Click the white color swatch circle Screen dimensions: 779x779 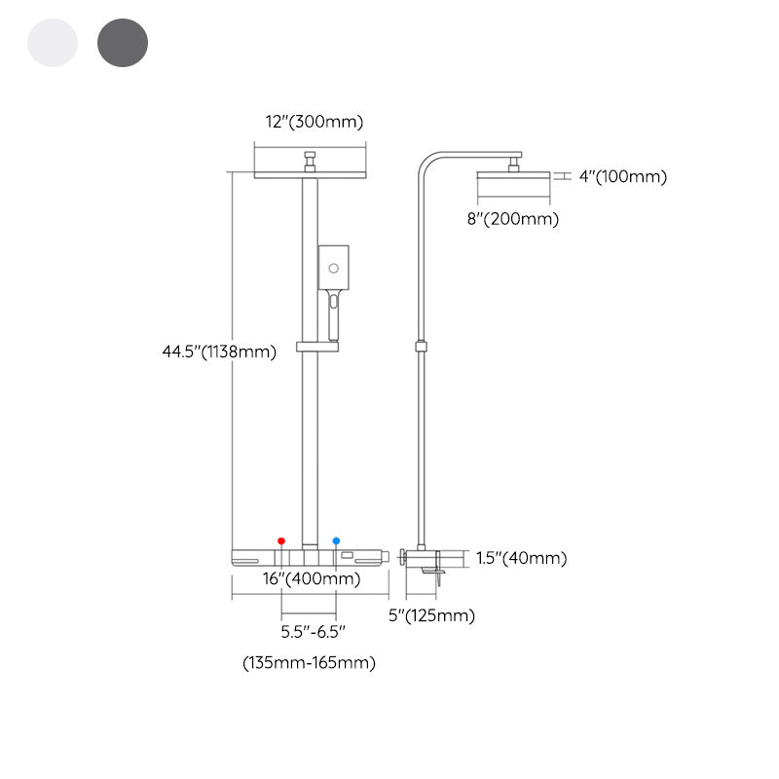pos(53,43)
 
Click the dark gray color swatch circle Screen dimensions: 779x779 pos(123,43)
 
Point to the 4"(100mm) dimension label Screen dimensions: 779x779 pos(622,176)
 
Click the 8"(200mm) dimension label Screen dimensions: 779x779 pos(512,219)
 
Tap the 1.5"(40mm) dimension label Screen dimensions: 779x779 pos(521,558)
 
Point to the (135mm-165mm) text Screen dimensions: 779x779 pos(309,663)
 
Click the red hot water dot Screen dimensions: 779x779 pos(281,540)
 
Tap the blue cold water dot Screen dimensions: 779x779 pos(337,540)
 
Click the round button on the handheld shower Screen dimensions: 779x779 pos(333,266)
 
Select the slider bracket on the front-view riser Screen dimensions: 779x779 pos(317,347)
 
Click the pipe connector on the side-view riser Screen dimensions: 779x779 pos(420,345)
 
